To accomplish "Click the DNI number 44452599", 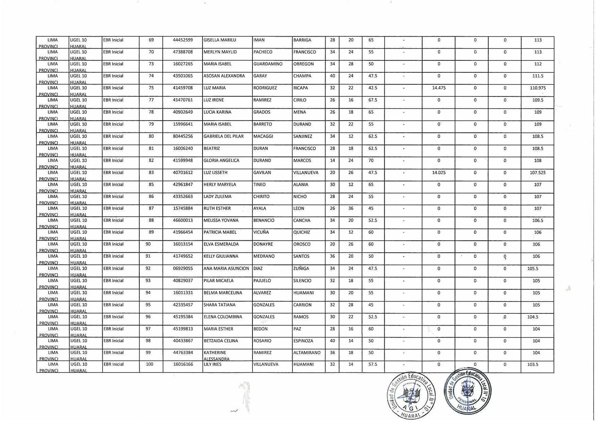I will (182, 40).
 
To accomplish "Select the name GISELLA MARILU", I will (220, 40).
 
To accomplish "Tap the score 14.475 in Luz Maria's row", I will (439, 88).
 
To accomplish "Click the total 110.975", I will (538, 88).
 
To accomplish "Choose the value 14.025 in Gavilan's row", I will (439, 172).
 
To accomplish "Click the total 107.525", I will (538, 172).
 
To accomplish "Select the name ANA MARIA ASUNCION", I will (226, 269).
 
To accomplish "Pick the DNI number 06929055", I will (182, 269).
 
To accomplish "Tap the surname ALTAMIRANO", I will (307, 353).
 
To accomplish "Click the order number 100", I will (150, 364).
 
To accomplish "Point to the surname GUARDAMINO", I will (268, 64).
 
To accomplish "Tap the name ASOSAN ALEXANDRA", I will (224, 76).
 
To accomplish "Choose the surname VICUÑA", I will (261, 233).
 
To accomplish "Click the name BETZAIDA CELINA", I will (221, 341).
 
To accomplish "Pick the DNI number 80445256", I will (182, 136).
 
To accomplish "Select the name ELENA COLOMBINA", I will (223, 317).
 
